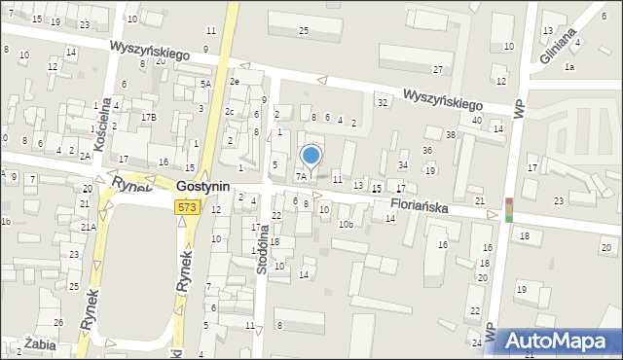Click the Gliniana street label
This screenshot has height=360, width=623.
(x=561, y=45)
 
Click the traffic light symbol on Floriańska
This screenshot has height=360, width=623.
(x=508, y=210)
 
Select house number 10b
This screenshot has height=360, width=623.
(x=345, y=225)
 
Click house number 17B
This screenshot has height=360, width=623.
(x=149, y=118)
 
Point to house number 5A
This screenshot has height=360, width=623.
(x=205, y=85)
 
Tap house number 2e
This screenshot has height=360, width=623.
(x=235, y=82)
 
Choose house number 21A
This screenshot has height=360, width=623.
(x=87, y=227)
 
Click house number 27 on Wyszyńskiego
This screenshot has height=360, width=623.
(x=438, y=70)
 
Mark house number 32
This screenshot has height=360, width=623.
(x=383, y=102)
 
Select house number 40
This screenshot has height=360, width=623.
(x=476, y=120)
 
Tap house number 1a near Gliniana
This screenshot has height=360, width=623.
(x=570, y=66)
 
